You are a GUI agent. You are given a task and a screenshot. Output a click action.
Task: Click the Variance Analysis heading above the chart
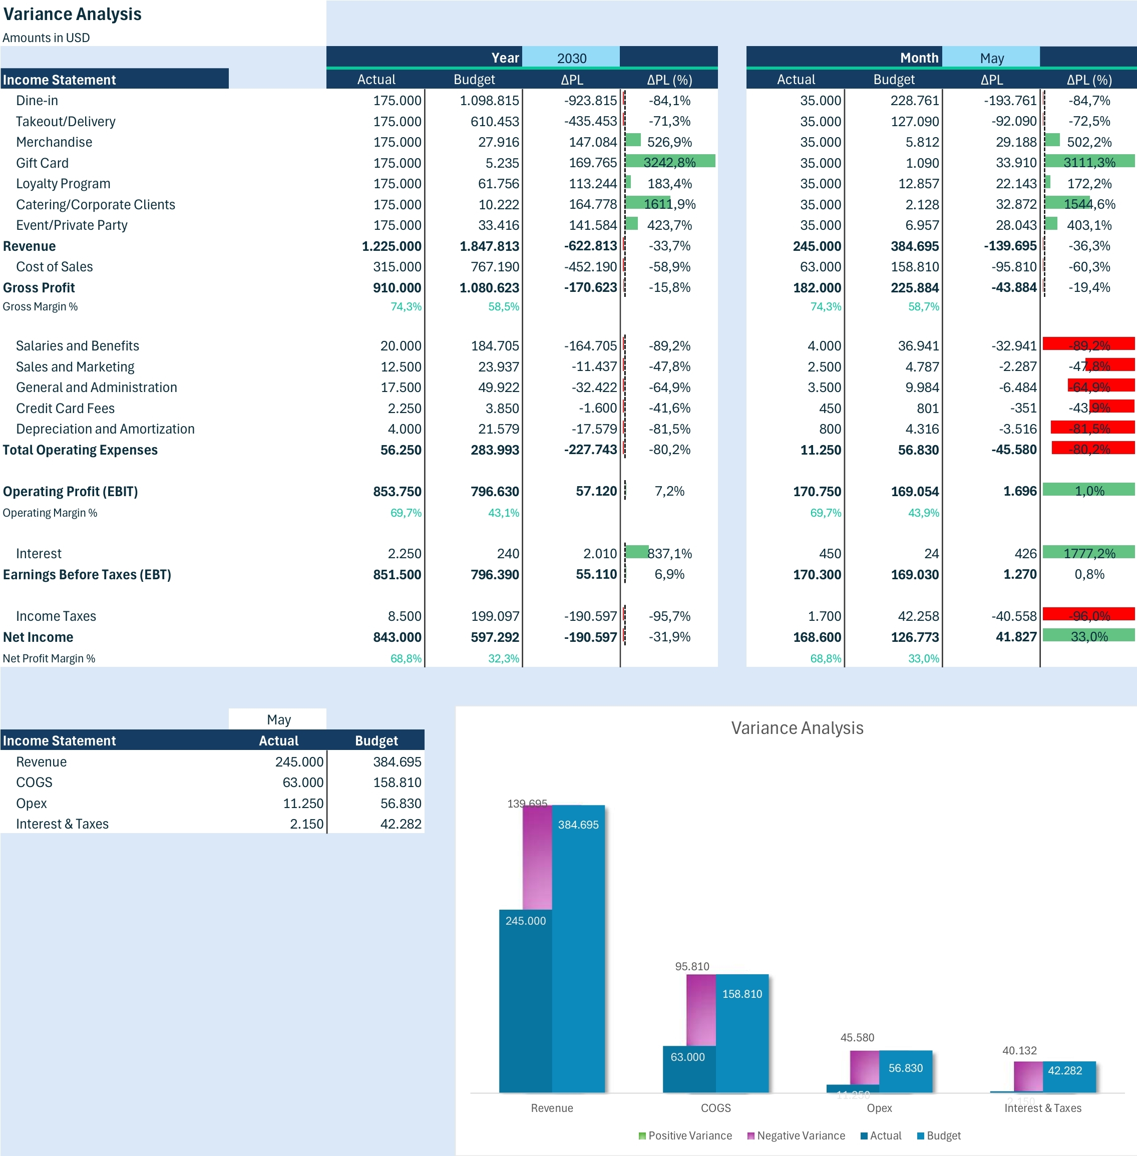797,728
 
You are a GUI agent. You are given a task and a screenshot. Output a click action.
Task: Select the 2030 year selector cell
571,58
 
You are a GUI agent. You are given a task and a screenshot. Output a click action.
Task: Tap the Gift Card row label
43,163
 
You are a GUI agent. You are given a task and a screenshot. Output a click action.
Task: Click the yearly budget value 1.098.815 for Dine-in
489,100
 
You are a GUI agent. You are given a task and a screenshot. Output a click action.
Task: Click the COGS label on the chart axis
715,1108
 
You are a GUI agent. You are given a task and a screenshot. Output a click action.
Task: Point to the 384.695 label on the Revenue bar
578,825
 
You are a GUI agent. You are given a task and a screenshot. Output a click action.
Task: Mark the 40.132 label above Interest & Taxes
1019,1050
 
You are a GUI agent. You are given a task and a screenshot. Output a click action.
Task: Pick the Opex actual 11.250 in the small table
303,803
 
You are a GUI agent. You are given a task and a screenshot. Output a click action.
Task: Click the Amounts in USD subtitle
46,38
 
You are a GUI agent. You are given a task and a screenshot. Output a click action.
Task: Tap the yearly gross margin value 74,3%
406,306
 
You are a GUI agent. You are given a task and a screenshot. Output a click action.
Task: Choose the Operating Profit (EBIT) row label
71,492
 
